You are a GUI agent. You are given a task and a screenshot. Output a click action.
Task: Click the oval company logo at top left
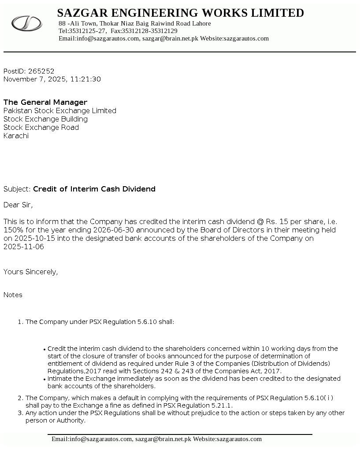pos(26,23)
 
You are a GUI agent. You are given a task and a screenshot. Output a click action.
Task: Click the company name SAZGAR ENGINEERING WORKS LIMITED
pos(180,13)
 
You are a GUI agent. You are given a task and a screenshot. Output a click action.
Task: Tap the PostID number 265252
pos(41,71)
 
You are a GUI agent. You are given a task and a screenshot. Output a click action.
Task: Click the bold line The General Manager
pos(45,102)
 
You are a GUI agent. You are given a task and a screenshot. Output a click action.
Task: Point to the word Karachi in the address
pos(16,136)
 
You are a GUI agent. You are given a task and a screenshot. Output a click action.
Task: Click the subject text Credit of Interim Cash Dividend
pos(94,189)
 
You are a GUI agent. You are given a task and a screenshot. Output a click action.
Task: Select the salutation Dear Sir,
pos(18,205)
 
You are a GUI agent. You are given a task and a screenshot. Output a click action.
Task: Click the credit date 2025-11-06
pos(24,247)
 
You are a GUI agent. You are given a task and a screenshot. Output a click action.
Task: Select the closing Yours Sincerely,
pos(31,272)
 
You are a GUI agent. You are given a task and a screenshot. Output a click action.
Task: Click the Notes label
pos(13,295)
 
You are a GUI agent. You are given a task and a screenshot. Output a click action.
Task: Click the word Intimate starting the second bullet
pos(61,379)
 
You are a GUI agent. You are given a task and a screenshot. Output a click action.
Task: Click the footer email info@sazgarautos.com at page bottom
pos(101,439)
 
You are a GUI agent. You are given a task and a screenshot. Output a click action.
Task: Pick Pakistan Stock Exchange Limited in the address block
pos(60,110)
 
